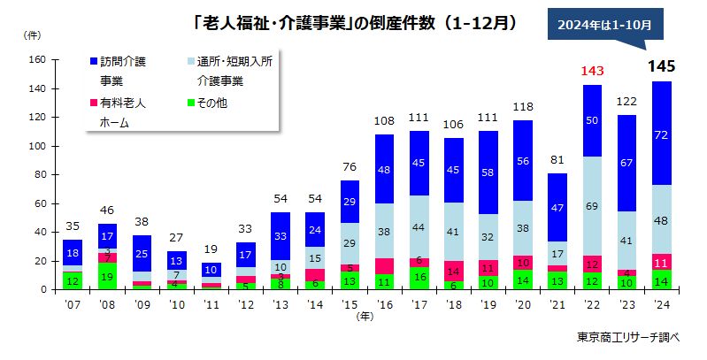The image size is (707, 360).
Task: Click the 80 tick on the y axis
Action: [39, 174]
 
